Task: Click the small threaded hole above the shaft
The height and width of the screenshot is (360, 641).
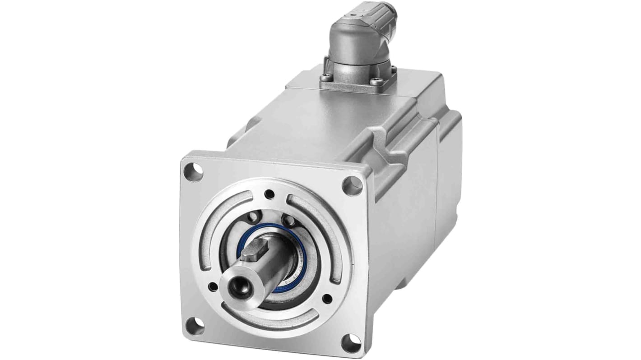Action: [269, 194]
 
